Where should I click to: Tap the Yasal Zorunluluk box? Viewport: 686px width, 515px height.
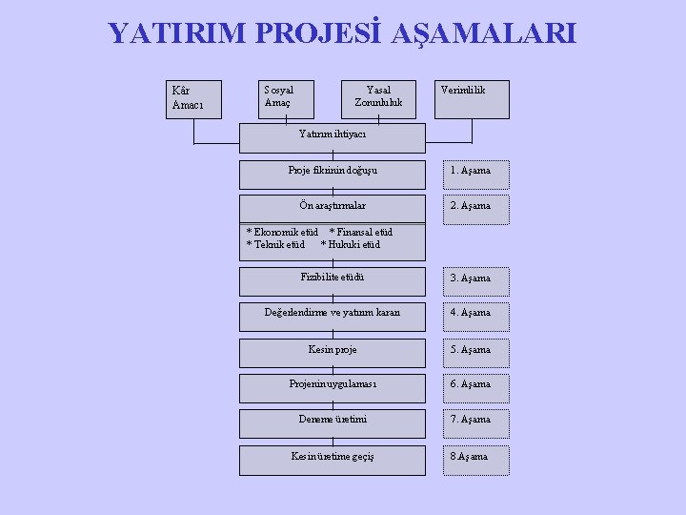pos(379,97)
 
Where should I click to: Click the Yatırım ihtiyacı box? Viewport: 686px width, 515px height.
pos(332,136)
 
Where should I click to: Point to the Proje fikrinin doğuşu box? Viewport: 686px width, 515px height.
pos(332,172)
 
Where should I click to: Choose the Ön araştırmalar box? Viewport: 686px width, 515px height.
pos(332,207)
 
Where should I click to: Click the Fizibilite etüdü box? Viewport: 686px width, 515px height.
pos(332,278)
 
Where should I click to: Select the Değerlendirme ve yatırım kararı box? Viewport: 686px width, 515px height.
pos(332,314)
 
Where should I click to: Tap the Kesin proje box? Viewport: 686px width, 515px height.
pos(332,350)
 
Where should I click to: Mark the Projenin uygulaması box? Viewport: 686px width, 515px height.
pos(332,384)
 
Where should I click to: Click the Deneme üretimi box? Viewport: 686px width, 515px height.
pos(332,420)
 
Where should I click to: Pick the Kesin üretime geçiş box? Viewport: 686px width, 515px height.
pos(332,457)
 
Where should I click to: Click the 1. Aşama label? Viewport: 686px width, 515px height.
pos(471,172)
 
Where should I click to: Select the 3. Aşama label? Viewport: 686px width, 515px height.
pos(471,278)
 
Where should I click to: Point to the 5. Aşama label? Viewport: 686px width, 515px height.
pos(471,350)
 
